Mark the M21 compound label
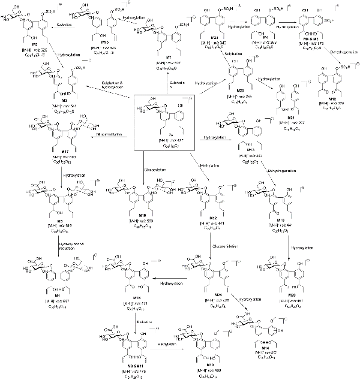(282, 118)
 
